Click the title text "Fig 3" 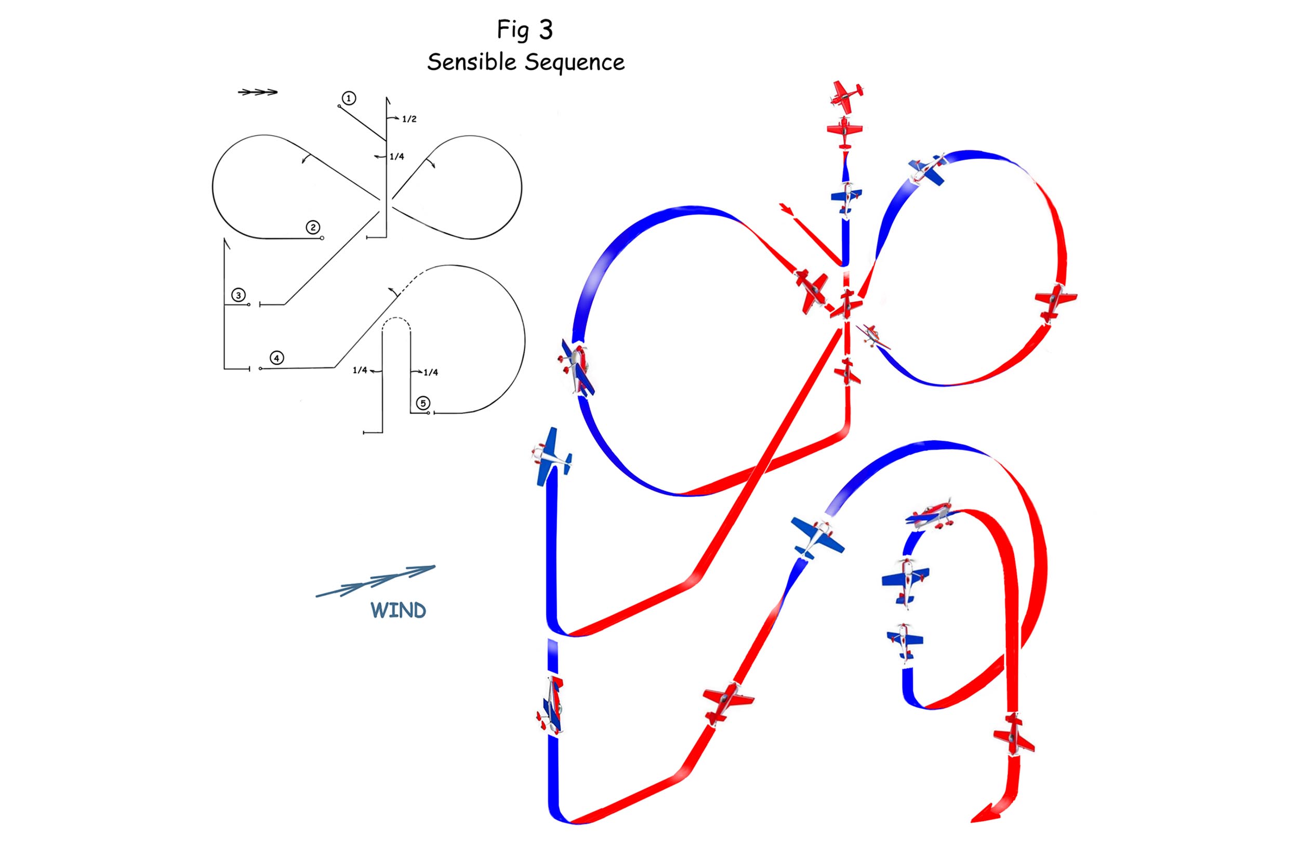pyautogui.click(x=524, y=30)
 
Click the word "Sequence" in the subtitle pyautogui.click(x=575, y=63)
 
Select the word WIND pyautogui.click(x=398, y=610)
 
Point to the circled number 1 pyautogui.click(x=349, y=98)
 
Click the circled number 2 pyautogui.click(x=313, y=228)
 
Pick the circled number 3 pyautogui.click(x=238, y=295)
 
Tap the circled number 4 pyautogui.click(x=277, y=358)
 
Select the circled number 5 pyautogui.click(x=423, y=403)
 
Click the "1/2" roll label pyautogui.click(x=409, y=119)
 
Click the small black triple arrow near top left pyautogui.click(x=257, y=92)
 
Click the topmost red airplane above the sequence pyautogui.click(x=846, y=95)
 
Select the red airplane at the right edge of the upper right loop pyautogui.click(x=1055, y=301)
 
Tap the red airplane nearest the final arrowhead pyautogui.click(x=1013, y=735)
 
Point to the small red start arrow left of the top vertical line pyautogui.click(x=786, y=209)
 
